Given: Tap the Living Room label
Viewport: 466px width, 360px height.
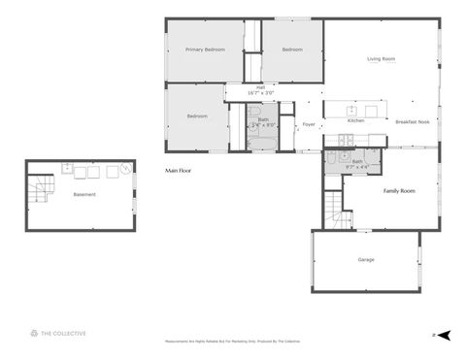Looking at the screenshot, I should pos(381,59).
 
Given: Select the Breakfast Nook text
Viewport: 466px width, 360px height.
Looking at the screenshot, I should pos(414,121).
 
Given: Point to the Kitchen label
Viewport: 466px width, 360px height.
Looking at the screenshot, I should pos(356,120).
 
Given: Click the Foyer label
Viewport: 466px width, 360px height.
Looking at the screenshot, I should pos(309,124).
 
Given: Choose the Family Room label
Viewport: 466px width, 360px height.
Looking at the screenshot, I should pos(399,191).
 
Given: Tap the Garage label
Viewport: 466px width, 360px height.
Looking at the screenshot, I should pos(366,259).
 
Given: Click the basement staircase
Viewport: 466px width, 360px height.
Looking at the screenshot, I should pos(41,189).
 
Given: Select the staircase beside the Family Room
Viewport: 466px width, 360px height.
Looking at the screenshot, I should pos(336,209).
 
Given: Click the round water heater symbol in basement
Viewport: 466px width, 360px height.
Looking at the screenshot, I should pos(125,171).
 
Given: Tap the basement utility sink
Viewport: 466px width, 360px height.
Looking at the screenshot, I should pos(67,169).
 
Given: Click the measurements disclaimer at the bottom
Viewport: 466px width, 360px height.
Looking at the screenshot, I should pos(233,343).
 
